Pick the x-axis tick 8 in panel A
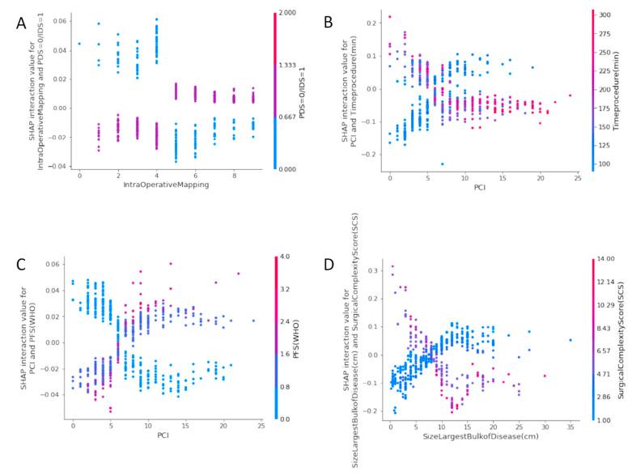click(235, 175)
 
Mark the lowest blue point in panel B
click(443, 164)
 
